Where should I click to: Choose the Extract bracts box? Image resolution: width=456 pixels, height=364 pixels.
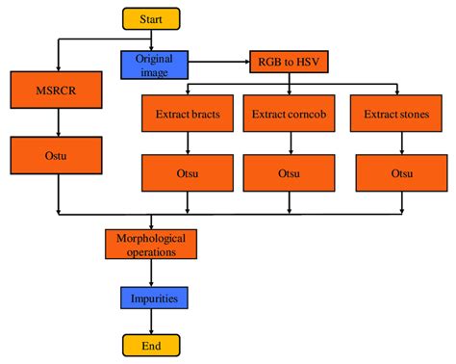pos(188,114)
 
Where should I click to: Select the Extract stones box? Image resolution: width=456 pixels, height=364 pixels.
pos(395,114)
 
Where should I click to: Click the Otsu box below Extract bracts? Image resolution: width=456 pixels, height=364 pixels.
pos(188,172)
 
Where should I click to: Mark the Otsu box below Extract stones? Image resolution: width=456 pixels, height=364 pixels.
pos(395,172)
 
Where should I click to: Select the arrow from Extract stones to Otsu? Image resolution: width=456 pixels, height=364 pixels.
pos(395,143)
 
